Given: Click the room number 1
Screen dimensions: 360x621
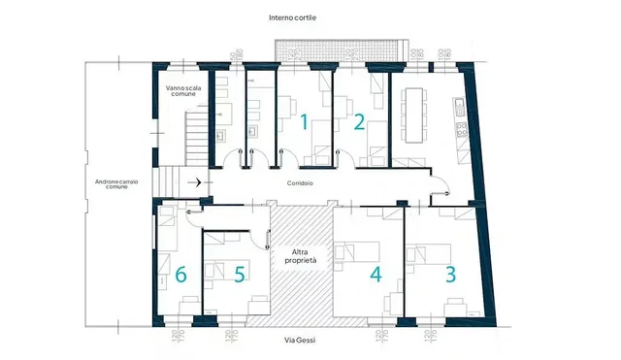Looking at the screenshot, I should point(303,122).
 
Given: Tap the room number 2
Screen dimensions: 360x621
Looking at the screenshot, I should point(359,122).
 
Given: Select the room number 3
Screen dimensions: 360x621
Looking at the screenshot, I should point(450,274).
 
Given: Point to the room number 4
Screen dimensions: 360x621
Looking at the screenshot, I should point(376,274).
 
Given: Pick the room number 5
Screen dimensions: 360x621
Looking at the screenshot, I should point(240,274).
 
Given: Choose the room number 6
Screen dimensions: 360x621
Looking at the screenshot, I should point(180,274).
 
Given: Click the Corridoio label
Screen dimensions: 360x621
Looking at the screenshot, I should point(299,183).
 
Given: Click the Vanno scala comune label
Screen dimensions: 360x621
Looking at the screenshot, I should point(181,93).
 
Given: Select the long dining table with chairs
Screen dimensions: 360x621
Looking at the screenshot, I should point(416,114).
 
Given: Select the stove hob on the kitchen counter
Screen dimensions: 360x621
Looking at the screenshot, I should point(457,126).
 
